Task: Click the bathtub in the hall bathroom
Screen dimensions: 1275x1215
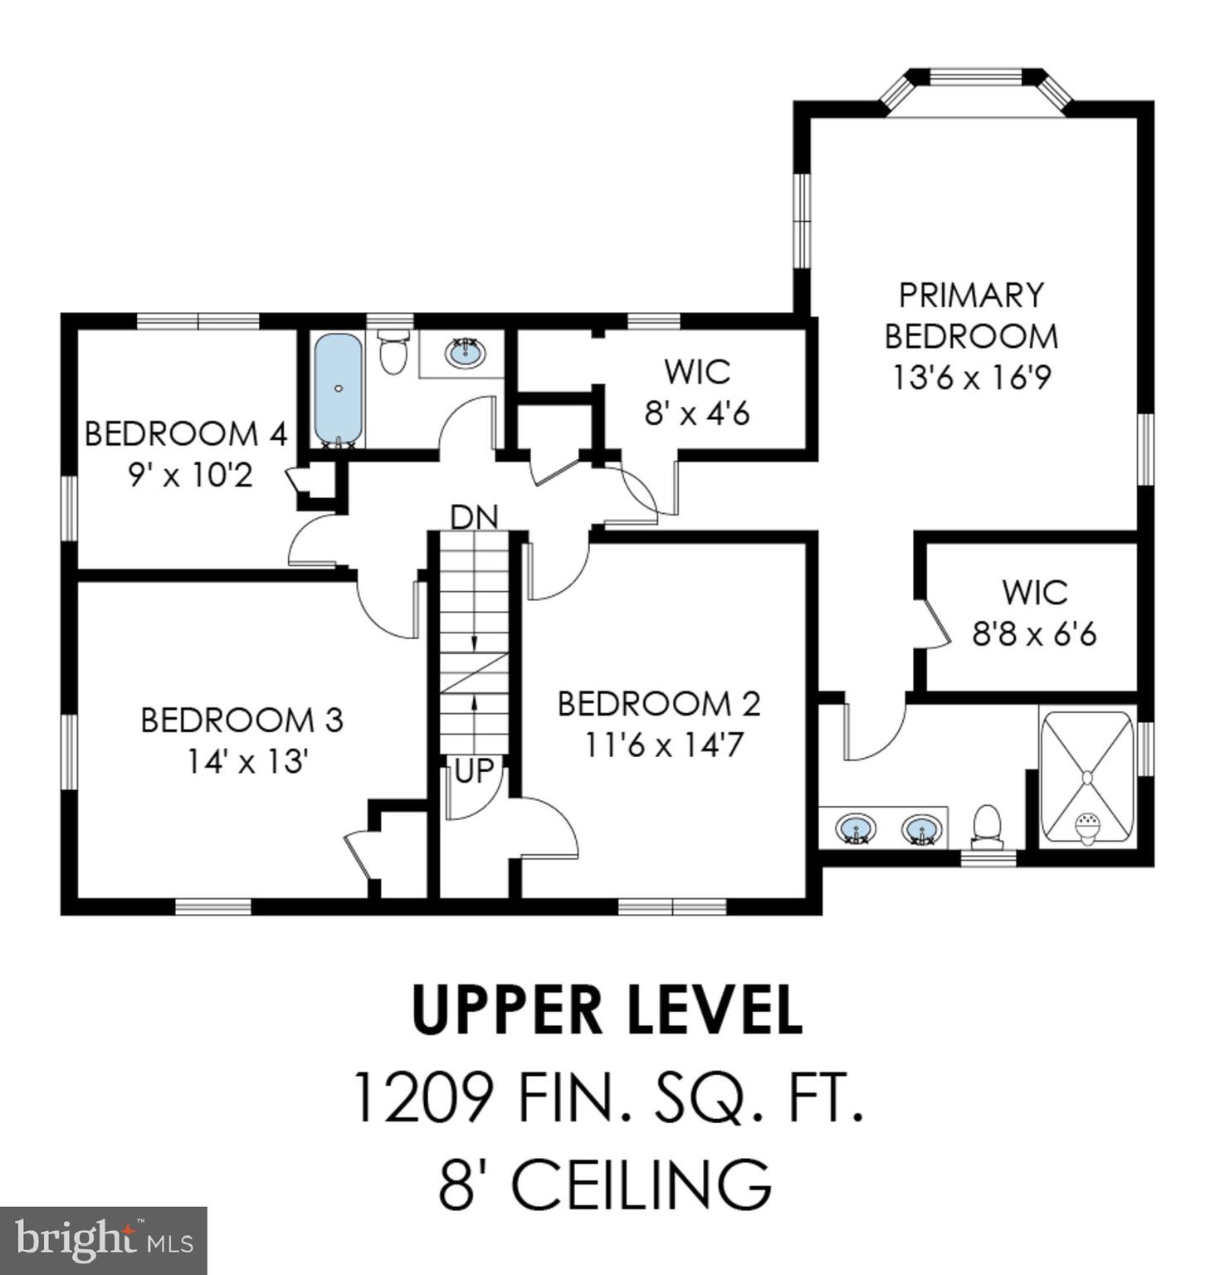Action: tap(338, 388)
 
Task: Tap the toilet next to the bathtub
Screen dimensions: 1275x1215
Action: tap(393, 352)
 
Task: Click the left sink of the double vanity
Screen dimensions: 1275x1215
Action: tap(856, 828)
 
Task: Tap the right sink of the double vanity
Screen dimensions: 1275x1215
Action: tap(922, 828)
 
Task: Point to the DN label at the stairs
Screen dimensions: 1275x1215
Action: tap(474, 517)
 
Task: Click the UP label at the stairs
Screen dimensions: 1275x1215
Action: tap(474, 770)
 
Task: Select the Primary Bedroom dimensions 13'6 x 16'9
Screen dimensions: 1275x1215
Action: tap(971, 378)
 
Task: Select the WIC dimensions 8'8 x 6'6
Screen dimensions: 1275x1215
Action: tap(1034, 635)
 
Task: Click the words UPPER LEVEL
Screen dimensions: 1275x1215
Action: tap(607, 1009)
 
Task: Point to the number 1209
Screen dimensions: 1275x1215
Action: tap(424, 1097)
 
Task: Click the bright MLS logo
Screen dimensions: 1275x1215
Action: tap(103, 1240)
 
